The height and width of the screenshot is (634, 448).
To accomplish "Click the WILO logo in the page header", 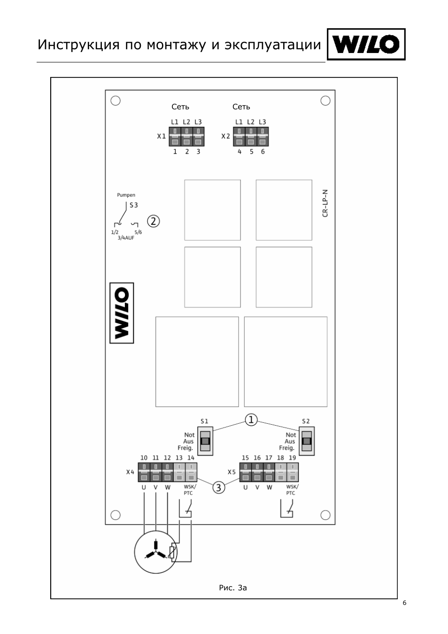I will pos(366,45).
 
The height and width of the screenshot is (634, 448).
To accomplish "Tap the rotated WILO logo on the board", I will pos(122,313).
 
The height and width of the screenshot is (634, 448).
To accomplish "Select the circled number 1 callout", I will pos(251,420).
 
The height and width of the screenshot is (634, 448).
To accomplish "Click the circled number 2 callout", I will pos(154,221).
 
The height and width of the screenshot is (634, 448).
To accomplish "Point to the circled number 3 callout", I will pos(218,487).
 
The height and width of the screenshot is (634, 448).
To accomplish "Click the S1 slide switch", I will pos(205,441).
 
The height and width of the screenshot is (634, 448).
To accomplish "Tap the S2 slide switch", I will pos(307,441).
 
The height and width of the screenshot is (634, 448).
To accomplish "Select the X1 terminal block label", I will pos(161,137).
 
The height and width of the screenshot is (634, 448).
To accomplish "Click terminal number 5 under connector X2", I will pos(251,152).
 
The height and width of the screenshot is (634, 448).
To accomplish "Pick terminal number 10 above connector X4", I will pos(144,458).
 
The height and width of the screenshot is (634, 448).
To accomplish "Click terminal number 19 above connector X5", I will pos(292,458).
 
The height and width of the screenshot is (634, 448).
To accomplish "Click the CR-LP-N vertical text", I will pos(325,203).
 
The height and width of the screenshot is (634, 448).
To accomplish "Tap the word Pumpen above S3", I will pos(126,195).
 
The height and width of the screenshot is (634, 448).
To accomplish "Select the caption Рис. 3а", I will pos(232,588).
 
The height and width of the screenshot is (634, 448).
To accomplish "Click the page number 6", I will pos(404,603).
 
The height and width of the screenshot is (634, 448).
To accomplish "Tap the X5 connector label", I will pos(232,472).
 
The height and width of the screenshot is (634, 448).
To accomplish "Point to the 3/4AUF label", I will pos(126,238).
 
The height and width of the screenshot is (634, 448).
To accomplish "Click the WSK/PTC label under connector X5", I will pos(292,490).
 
